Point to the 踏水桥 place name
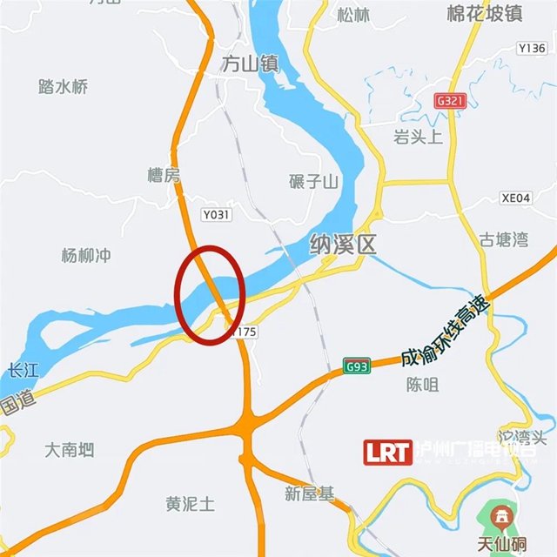[64, 86]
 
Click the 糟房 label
[163, 177]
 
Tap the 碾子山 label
[313, 181]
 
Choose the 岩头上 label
[418, 137]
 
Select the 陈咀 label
[422, 385]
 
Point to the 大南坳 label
[69, 450]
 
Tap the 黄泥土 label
[190, 504]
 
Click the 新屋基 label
[309, 494]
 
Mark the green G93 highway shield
[356, 366]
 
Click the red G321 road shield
[452, 101]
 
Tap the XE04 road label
[516, 198]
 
